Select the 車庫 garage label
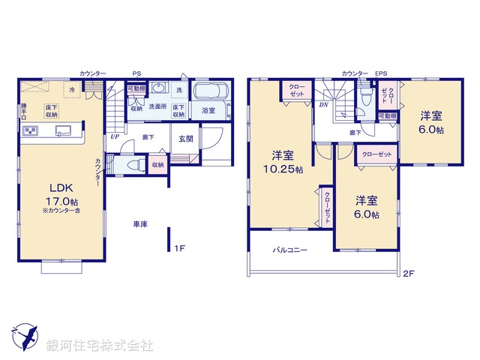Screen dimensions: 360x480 [139, 224]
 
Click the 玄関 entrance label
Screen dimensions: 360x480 [185, 138]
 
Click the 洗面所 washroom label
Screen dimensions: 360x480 [157, 106]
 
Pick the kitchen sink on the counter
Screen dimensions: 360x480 [63, 130]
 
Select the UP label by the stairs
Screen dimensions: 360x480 [115, 136]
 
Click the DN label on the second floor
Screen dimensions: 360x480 [323, 105]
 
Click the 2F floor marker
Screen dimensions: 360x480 [408, 273]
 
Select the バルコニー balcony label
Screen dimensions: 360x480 [289, 250]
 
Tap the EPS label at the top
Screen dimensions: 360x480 [381, 73]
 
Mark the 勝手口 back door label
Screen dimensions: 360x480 [24, 110]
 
